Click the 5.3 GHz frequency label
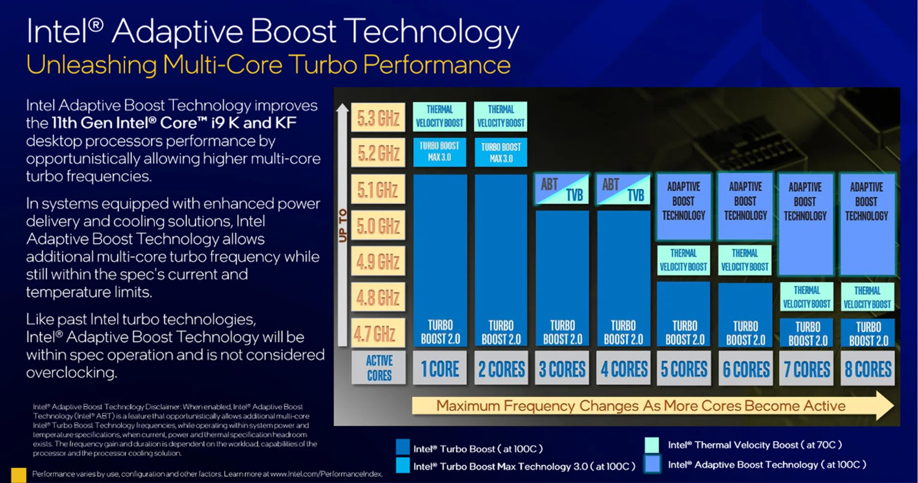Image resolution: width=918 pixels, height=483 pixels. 378,118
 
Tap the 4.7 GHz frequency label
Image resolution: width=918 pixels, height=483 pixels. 378,333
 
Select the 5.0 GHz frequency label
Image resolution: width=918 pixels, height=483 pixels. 378,225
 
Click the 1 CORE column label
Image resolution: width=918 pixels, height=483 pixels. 440,369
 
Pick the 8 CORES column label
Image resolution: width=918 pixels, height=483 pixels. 868,369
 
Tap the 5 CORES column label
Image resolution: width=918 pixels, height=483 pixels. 684,369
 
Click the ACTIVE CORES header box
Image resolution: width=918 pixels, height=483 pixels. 379,368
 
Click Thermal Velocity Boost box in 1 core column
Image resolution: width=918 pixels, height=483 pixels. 439,116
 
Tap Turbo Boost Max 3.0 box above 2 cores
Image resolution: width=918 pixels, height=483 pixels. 501,152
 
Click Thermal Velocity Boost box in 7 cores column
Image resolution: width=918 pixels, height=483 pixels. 807,297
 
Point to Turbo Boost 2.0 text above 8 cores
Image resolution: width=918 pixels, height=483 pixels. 868,333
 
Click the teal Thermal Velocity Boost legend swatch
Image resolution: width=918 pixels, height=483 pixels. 652,445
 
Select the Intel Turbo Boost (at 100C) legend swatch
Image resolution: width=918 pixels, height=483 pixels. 403,447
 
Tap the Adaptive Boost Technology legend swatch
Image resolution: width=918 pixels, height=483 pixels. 652,464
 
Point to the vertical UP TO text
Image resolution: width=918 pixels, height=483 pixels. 342,225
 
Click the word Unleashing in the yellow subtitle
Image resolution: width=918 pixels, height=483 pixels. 91,65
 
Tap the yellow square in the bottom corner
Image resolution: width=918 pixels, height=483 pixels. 19,474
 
